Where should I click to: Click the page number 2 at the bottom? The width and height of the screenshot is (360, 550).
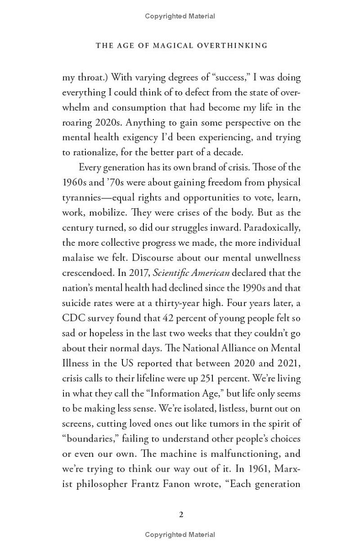point(181,514)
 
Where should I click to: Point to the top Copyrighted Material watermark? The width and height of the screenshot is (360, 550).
point(180,16)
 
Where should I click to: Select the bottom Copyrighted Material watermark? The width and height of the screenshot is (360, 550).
point(180,535)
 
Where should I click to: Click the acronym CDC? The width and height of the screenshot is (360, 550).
point(74,318)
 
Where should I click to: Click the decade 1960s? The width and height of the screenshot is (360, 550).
point(74,182)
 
